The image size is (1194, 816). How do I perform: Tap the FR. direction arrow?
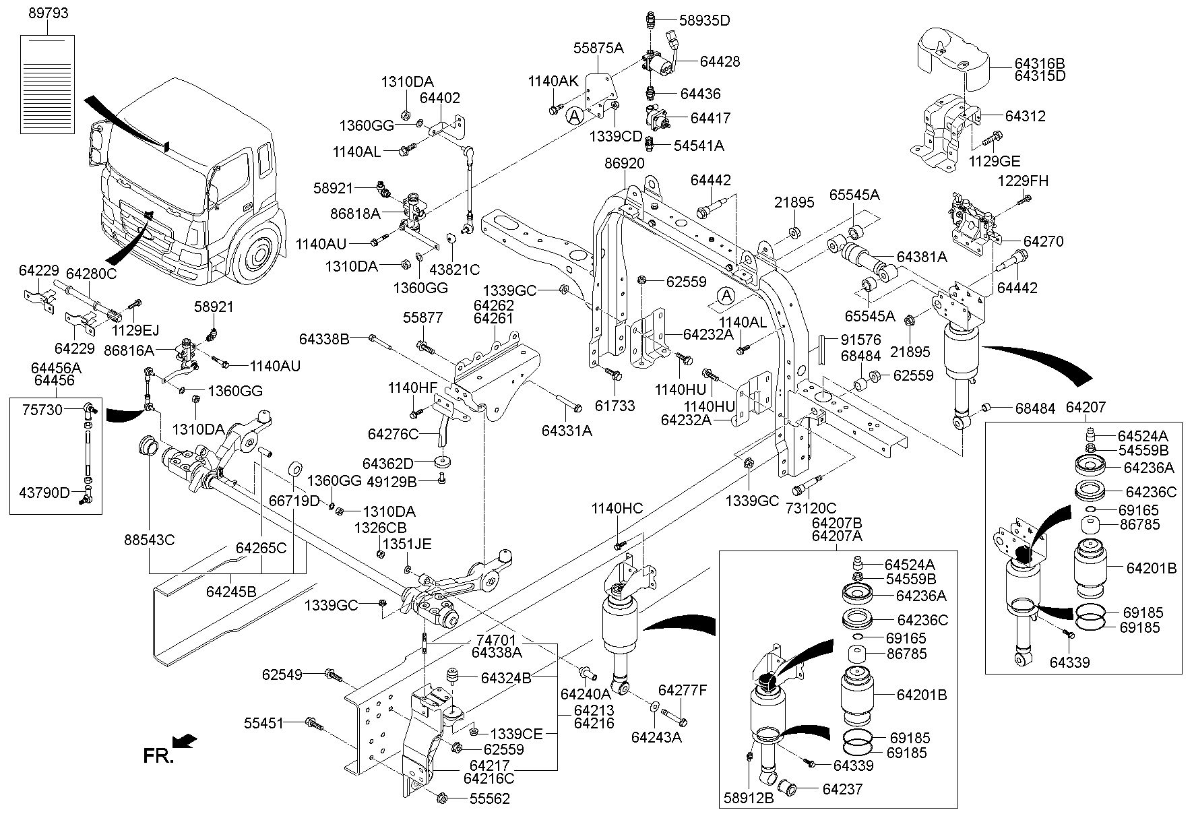(184, 741)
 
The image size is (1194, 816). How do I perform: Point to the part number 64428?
(720, 61)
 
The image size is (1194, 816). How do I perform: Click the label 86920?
(624, 163)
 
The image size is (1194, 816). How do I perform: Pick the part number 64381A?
(922, 257)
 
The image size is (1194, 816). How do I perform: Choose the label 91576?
(859, 340)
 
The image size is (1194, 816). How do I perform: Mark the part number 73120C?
(811, 507)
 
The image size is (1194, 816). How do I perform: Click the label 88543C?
(150, 540)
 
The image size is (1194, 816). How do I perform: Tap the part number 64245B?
(231, 592)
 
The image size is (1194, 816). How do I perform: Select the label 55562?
(490, 799)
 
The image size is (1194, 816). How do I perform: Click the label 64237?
(840, 788)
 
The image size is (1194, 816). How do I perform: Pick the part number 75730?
(42, 410)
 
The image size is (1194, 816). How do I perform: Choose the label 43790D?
(44, 493)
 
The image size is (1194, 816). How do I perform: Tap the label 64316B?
(1040, 63)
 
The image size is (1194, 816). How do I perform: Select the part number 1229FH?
(1023, 181)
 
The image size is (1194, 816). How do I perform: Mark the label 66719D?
(294, 501)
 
